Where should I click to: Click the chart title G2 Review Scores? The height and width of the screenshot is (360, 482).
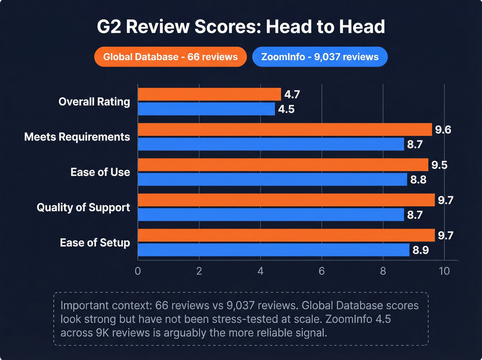(241, 27)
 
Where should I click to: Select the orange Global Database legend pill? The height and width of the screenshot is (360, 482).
(170, 57)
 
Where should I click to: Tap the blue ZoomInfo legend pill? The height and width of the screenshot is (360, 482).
(320, 57)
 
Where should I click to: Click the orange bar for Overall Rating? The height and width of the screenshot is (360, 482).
(209, 94)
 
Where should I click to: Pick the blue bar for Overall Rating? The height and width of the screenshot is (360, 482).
(206, 109)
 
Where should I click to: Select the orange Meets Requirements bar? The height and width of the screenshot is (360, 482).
(285, 130)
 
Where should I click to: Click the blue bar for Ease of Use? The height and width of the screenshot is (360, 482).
(272, 179)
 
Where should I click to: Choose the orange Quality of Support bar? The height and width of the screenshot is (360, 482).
(286, 200)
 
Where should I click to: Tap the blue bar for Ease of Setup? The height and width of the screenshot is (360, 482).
(273, 250)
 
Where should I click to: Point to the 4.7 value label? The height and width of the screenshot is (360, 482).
(292, 94)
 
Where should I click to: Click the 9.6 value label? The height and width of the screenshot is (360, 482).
(443, 130)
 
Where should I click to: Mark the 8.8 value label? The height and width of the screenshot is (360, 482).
(418, 180)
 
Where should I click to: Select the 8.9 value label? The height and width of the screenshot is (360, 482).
(421, 250)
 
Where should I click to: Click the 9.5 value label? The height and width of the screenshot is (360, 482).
(439, 165)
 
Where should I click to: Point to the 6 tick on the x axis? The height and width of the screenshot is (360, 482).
(322, 271)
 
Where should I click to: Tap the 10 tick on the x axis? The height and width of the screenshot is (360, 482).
(444, 271)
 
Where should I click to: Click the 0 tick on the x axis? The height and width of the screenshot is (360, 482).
(138, 271)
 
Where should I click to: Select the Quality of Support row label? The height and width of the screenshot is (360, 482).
(83, 207)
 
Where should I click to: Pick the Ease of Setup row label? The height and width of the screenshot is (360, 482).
(95, 243)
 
